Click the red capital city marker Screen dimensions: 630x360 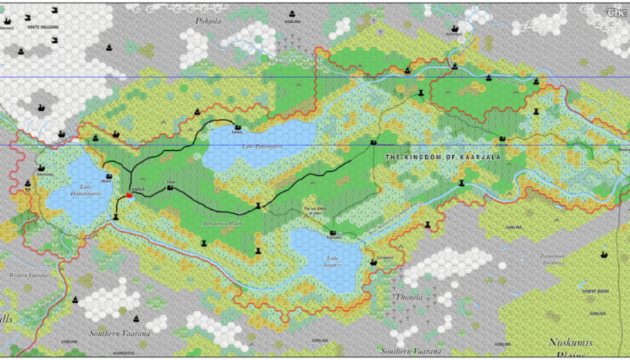coord(129,195)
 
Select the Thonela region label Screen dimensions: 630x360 coord(409,297)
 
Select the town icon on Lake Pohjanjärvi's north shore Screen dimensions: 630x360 coord(237,127)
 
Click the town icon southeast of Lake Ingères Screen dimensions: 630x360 coord(373,262)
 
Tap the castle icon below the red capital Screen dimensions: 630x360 coord(116,216)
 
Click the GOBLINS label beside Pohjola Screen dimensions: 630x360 coord(293,22)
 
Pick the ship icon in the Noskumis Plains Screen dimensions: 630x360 coord(604,254)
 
